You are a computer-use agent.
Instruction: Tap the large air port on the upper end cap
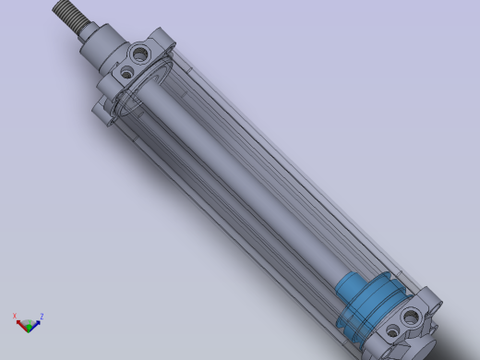[x=140, y=54]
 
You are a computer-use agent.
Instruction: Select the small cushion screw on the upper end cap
[x=126, y=72]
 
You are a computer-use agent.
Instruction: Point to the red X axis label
[x=15, y=316]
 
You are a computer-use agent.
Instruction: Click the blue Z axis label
[x=42, y=317]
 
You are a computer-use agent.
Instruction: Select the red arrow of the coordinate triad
[x=20, y=323]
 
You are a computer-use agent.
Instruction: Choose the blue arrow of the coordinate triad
[x=36, y=323]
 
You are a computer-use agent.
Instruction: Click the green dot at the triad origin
[x=29, y=324]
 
